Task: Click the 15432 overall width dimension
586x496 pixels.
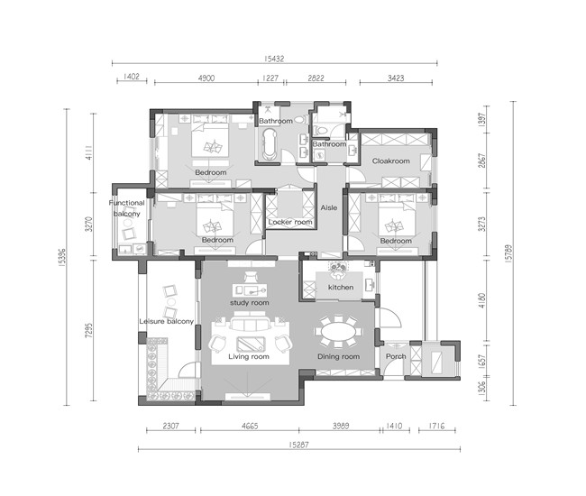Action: (x=274, y=59)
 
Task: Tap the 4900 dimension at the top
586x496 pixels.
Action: (x=206, y=78)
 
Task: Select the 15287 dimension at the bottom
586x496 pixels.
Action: (x=299, y=445)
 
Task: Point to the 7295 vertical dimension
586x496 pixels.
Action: (x=88, y=330)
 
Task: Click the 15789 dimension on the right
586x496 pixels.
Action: (x=508, y=253)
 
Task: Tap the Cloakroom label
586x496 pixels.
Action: (x=391, y=161)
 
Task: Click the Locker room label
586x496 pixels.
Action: (x=290, y=222)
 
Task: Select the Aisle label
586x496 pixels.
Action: (x=329, y=207)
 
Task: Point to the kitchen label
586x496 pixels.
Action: (x=341, y=287)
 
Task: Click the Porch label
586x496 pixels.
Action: (x=396, y=356)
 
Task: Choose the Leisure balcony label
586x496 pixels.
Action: (x=166, y=321)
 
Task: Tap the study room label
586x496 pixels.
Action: (x=249, y=303)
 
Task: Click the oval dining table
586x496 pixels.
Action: (x=339, y=332)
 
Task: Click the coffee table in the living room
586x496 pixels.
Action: (x=251, y=344)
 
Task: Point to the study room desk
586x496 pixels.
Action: (x=250, y=289)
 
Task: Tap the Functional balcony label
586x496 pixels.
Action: (x=127, y=208)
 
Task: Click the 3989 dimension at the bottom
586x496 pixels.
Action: (x=341, y=426)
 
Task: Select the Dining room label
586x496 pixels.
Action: (x=339, y=356)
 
